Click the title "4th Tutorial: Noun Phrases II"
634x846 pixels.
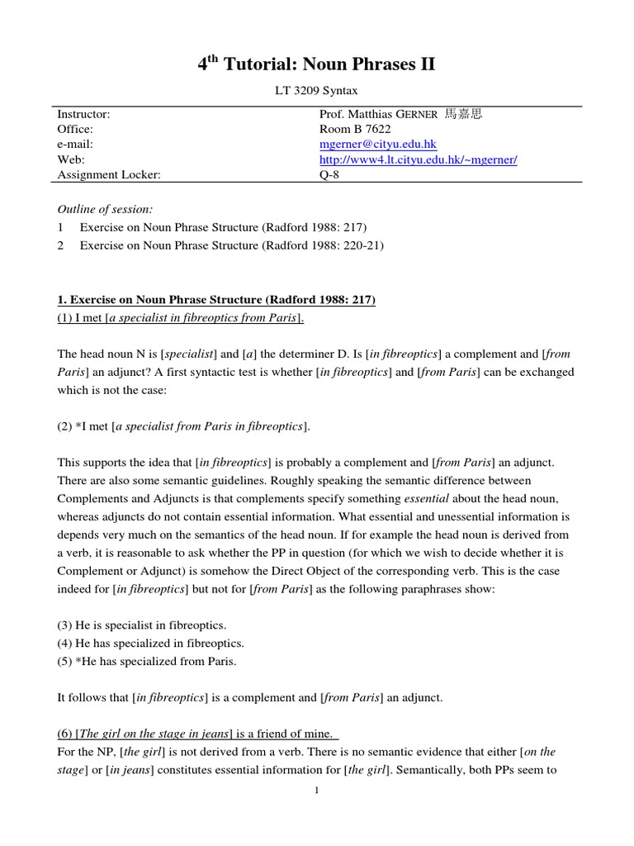tap(316, 65)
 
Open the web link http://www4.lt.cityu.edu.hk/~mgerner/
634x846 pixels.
tap(418, 159)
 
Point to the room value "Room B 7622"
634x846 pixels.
tap(355, 129)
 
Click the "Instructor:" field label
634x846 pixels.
tap(83, 114)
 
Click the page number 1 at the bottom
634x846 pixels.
tap(316, 791)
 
